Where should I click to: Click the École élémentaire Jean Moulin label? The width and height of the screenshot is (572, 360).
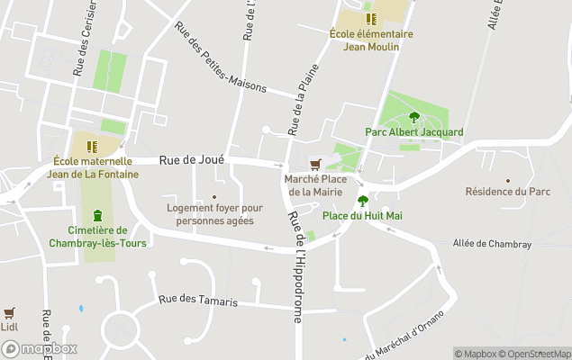370,40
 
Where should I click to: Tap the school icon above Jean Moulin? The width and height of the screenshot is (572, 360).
368,19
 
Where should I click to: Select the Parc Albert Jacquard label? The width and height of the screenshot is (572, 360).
413,132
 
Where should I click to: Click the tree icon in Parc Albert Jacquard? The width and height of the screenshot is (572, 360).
414,117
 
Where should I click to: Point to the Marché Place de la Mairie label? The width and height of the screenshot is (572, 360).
315,185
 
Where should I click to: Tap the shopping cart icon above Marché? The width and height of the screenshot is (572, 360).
315,165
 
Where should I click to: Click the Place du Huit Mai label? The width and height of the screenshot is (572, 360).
362,216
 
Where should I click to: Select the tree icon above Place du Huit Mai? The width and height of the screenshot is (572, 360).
363,201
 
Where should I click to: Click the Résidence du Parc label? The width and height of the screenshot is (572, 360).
507,192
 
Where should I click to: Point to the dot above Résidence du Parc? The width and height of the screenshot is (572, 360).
508,180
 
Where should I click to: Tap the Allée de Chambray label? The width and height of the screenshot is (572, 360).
494,243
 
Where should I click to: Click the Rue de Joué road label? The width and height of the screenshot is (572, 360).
191,159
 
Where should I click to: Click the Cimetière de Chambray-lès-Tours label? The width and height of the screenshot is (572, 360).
96,237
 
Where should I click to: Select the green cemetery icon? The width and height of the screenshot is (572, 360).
97,215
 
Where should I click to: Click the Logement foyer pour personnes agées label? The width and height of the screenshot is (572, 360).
214,214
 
